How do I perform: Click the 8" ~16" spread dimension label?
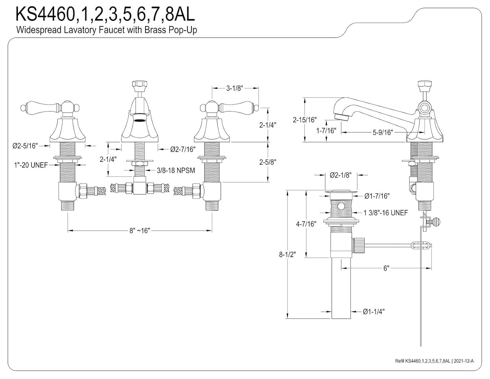(139, 231)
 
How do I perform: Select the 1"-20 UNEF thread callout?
(31, 165)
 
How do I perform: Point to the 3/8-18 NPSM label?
(176, 170)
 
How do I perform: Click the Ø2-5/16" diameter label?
(25, 146)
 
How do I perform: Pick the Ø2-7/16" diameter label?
(183, 149)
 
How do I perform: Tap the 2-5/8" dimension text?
(268, 162)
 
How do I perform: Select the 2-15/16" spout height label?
(305, 120)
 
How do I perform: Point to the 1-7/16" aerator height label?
(326, 131)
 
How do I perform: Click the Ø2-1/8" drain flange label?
(340, 175)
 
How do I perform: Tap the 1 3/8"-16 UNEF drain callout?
(386, 213)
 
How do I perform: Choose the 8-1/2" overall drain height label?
(287, 254)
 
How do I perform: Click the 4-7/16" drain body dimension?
(306, 224)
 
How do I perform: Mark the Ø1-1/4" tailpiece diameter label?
(374, 312)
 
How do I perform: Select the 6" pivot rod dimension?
(386, 268)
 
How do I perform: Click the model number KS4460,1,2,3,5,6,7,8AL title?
(105, 14)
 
